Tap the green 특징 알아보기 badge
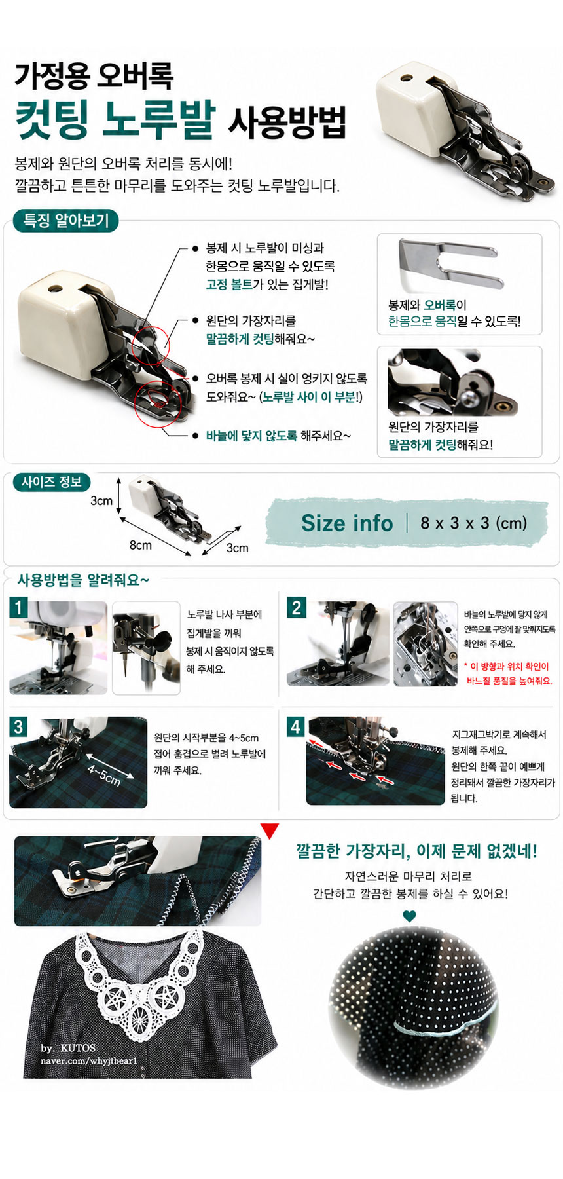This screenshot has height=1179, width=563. click(x=65, y=220)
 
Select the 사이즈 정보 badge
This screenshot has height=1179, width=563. click(x=52, y=482)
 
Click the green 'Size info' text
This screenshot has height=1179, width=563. click(x=347, y=523)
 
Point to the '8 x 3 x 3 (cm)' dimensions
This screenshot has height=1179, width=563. click(x=473, y=523)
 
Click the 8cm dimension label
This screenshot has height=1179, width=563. click(x=140, y=545)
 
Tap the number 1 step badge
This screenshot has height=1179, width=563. click(x=18, y=607)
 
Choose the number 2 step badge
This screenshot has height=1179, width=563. click(x=296, y=607)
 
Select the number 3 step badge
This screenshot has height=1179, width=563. click(x=18, y=726)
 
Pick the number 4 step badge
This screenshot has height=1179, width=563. click(x=296, y=726)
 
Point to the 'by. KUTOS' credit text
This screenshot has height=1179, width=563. click(x=68, y=1048)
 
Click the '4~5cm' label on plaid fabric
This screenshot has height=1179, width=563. click(x=104, y=774)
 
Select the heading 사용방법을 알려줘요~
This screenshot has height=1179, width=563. click(x=83, y=580)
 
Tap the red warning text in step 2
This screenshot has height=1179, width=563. click(x=508, y=673)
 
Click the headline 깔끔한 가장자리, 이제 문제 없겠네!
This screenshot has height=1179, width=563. click(x=416, y=851)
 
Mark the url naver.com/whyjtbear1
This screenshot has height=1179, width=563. click(x=89, y=1060)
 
